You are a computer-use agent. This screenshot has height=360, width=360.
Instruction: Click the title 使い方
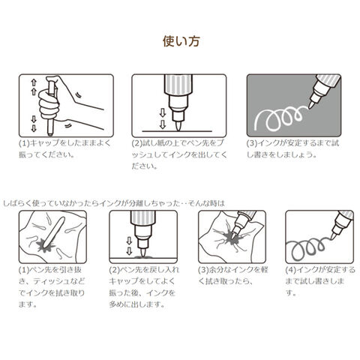[x=181, y=41]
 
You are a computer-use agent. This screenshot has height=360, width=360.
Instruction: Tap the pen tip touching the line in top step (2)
[x=178, y=126]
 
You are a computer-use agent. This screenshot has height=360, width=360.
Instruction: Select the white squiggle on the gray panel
[x=280, y=118]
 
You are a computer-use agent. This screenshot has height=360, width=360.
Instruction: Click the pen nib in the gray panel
[x=311, y=104]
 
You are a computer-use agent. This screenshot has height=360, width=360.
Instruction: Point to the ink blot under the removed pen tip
[x=46, y=246]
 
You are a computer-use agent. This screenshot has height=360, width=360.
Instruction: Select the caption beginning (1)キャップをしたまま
[x=65, y=149]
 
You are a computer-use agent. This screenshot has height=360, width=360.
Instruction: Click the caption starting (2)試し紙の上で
[x=179, y=154]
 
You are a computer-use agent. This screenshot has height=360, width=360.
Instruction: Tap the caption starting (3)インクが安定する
[x=293, y=149]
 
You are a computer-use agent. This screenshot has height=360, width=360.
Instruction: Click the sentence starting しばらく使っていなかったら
[x=114, y=203]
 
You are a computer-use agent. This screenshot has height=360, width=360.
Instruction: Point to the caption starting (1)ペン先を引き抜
[x=52, y=287]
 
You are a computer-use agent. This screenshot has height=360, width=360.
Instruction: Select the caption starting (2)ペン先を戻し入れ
[x=144, y=287]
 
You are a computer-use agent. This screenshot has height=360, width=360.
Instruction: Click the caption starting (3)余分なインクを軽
[x=233, y=276]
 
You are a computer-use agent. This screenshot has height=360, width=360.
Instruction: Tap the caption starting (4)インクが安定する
[x=320, y=281]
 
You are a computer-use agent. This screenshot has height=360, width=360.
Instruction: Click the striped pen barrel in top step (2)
[x=178, y=85]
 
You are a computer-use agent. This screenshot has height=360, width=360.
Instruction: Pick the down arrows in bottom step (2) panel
[x=129, y=246]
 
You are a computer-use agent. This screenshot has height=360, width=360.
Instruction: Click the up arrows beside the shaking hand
[x=34, y=87]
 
